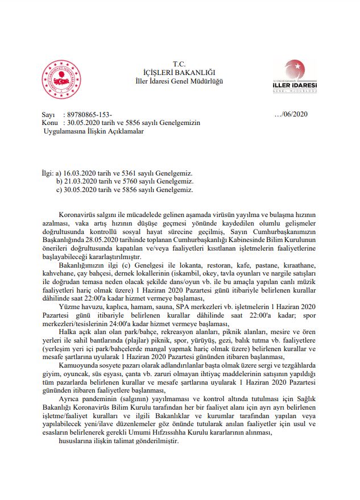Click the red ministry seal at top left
pos(61,80)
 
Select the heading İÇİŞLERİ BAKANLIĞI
pos(180,72)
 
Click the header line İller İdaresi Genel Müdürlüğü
pos(180,81)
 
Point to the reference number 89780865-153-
pos(90,114)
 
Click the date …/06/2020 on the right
pos(291,114)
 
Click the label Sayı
pos(48,114)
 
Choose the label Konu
pos(50,123)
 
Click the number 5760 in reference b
pos(130,181)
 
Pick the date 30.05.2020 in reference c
pos(83,190)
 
